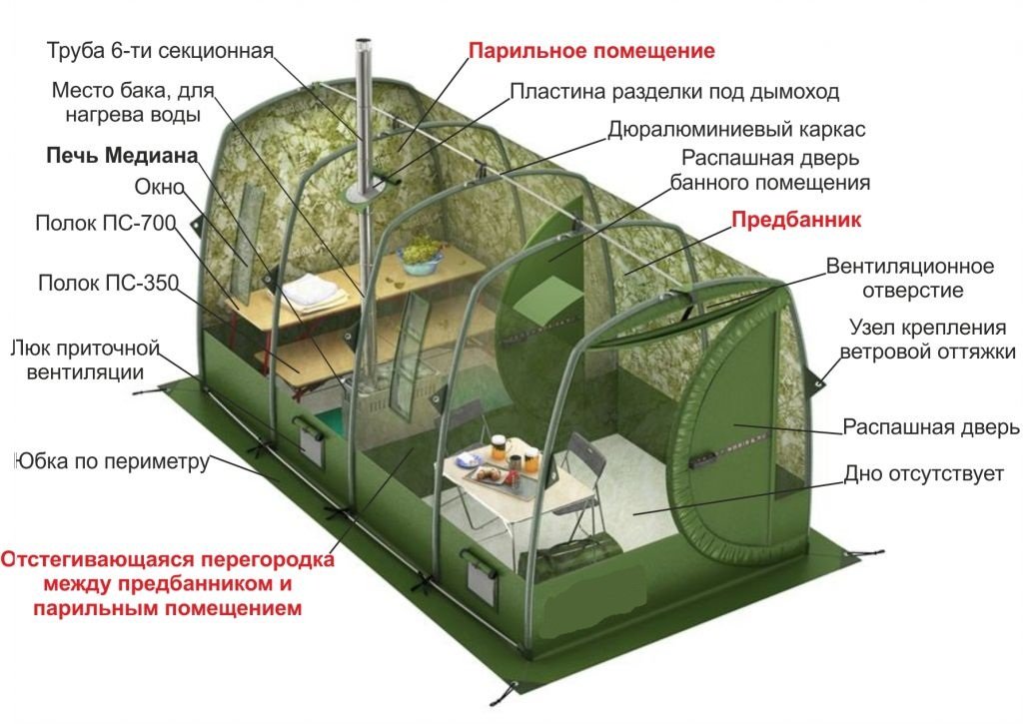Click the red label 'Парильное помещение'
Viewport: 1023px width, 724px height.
click(591, 51)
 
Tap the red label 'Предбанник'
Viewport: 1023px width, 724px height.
click(796, 219)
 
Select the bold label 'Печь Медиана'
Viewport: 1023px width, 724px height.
click(122, 155)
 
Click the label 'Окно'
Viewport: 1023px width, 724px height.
click(159, 187)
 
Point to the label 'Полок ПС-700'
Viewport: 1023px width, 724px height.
click(106, 223)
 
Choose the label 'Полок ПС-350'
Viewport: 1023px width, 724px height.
click(108, 283)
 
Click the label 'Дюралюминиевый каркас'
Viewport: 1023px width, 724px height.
click(736, 130)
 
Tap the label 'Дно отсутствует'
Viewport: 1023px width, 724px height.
click(924, 473)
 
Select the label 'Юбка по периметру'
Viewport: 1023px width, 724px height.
click(112, 461)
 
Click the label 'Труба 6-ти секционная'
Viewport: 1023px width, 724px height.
click(160, 51)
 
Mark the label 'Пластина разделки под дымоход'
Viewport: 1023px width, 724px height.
click(674, 92)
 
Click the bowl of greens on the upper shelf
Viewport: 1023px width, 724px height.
click(421, 255)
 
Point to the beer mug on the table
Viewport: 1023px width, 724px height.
click(500, 447)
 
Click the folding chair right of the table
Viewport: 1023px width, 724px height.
click(578, 481)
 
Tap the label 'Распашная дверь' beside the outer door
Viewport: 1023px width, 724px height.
click(931, 427)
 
